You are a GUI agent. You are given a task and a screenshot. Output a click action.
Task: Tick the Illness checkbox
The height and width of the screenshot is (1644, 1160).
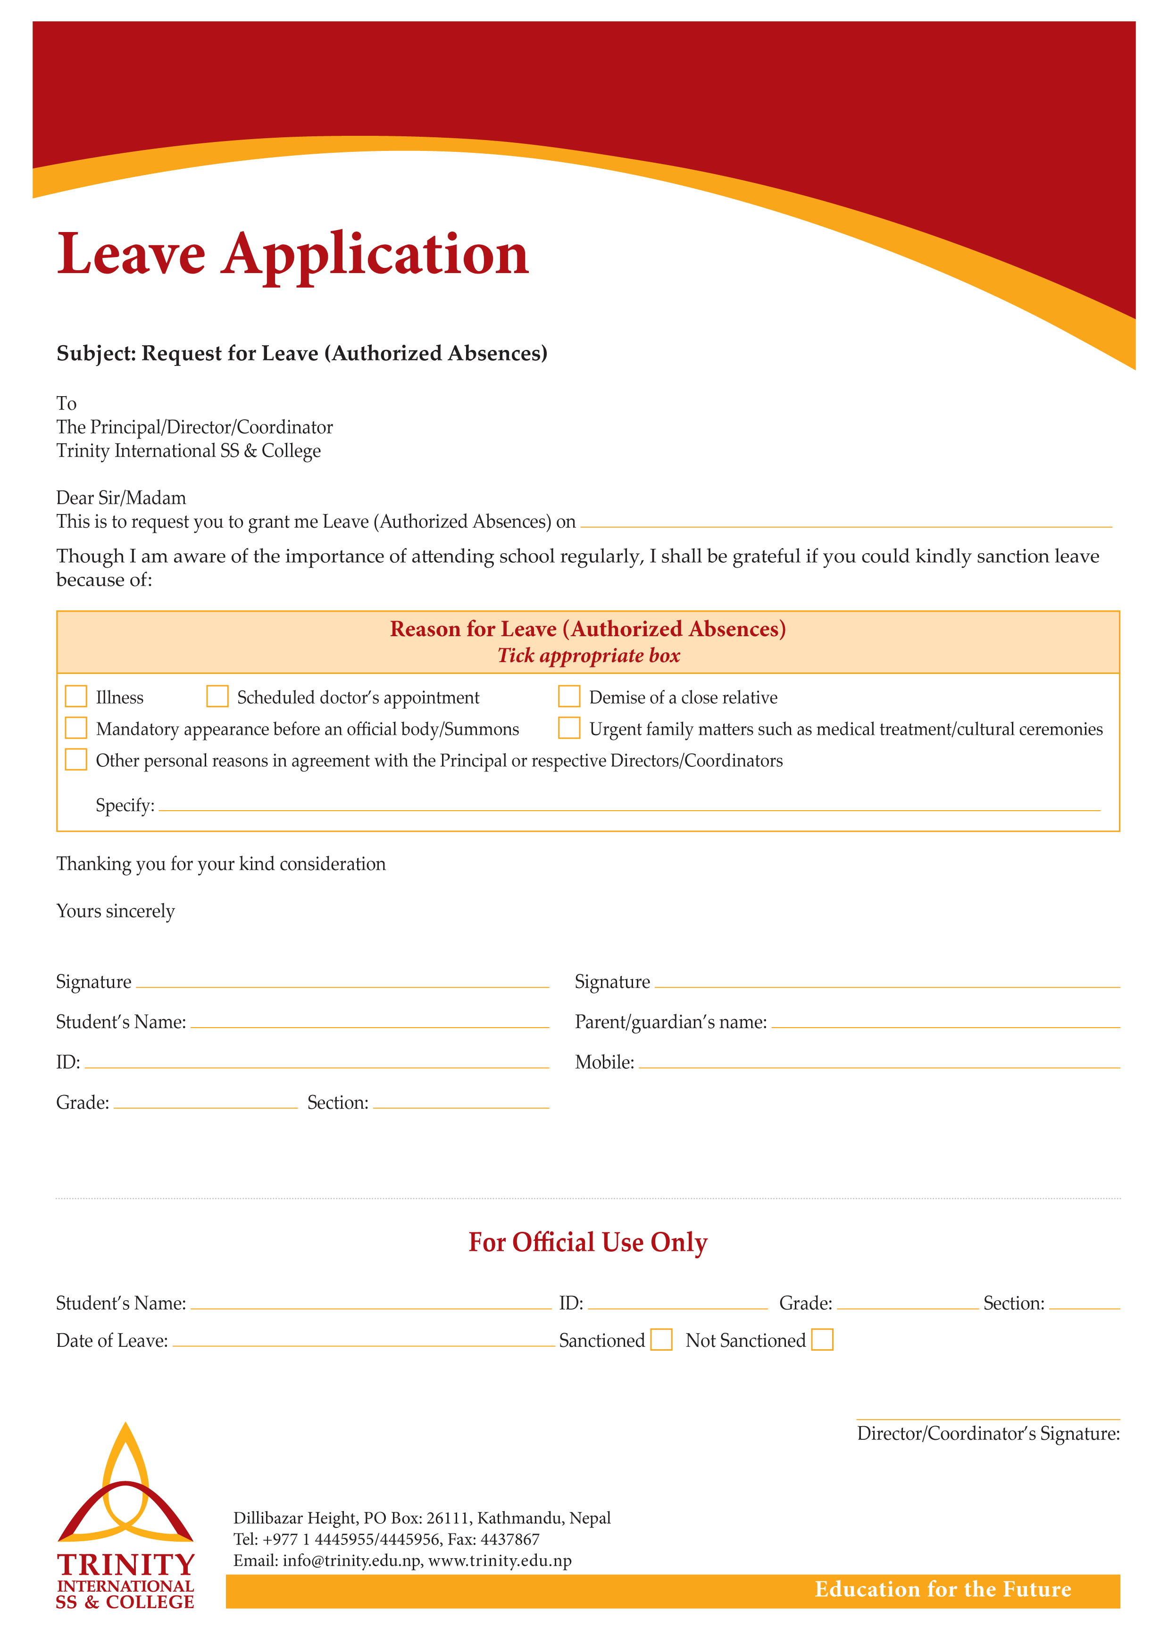click(x=76, y=696)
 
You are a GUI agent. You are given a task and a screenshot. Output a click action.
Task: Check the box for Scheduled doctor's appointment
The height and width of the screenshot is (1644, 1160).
click(x=217, y=696)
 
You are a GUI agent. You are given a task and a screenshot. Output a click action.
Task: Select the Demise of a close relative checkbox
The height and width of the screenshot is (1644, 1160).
click(x=569, y=696)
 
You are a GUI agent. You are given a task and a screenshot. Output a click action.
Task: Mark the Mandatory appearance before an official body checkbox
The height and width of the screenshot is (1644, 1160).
click(x=76, y=728)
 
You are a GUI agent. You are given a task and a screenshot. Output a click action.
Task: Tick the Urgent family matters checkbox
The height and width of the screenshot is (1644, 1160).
click(x=569, y=728)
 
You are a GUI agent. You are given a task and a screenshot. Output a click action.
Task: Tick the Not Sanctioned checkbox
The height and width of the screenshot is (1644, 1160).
click(x=822, y=1340)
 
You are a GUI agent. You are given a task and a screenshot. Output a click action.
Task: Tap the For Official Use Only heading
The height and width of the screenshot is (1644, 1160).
click(x=588, y=1242)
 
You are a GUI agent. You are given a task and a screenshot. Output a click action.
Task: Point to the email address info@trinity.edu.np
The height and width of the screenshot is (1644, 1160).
click(x=351, y=1561)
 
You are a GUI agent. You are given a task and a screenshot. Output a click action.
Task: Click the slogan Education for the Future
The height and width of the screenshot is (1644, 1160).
click(x=943, y=1590)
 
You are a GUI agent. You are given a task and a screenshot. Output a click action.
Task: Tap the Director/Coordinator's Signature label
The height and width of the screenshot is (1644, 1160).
click(x=988, y=1434)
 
